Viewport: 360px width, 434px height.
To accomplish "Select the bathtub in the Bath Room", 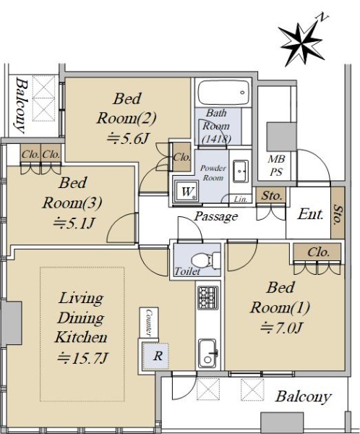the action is click(223, 93).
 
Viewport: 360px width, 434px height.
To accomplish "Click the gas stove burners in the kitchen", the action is click(207, 298).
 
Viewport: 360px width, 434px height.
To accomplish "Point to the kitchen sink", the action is click(207, 354).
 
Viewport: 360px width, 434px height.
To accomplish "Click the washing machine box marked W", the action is click(187, 192).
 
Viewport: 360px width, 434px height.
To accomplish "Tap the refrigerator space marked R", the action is click(155, 356).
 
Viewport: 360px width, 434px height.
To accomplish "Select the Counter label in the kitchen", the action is click(149, 322).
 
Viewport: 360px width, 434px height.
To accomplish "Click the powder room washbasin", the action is click(240, 171).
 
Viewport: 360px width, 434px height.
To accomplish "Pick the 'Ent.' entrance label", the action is click(310, 214).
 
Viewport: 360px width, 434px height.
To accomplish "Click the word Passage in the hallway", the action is click(216, 216).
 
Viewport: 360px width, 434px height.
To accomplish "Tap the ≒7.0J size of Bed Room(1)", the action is click(280, 328).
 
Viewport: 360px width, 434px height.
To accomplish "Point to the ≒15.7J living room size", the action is click(82, 358).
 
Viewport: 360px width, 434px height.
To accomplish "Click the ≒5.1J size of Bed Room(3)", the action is click(74, 223).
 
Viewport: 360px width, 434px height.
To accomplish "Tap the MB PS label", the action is click(276, 166).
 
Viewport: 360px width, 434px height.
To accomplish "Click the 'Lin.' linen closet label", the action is click(240, 199).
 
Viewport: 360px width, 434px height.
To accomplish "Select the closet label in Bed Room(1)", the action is click(319, 252).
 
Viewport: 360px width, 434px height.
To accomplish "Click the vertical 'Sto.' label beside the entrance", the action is click(337, 215).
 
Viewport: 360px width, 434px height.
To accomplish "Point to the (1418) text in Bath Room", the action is click(216, 138).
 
